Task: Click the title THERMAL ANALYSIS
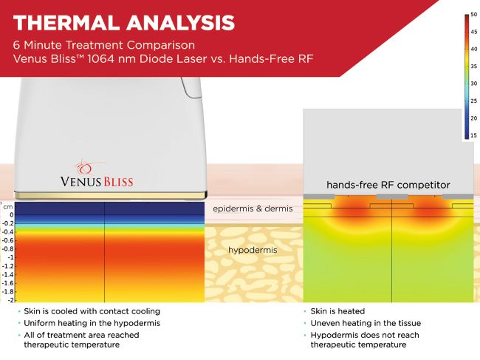123,23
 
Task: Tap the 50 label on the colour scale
473,14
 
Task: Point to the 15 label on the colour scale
473,135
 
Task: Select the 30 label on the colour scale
473,84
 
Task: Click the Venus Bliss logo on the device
97,174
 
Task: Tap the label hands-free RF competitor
388,185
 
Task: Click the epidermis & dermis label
253,208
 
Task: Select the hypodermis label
253,250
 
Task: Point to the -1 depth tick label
11,257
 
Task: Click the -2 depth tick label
11,300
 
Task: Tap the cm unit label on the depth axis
8,207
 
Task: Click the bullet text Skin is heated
337,311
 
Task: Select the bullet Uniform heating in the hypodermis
92,323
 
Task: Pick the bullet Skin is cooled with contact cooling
92,311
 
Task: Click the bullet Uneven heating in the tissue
366,323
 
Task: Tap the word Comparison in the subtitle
161,45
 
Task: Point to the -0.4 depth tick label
8,232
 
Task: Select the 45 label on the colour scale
473,32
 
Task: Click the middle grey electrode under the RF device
392,197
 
